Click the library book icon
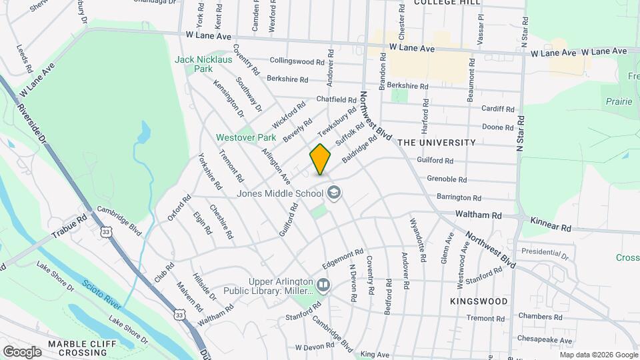(323, 285)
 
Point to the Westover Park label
(246, 137)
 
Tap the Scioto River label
(102, 294)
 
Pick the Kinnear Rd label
(551, 224)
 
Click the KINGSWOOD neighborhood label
(479, 301)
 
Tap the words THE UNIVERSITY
(437, 143)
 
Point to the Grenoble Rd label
(447, 179)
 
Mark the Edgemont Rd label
(342, 257)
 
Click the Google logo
(22, 351)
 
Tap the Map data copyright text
(599, 354)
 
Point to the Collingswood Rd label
(297, 61)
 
